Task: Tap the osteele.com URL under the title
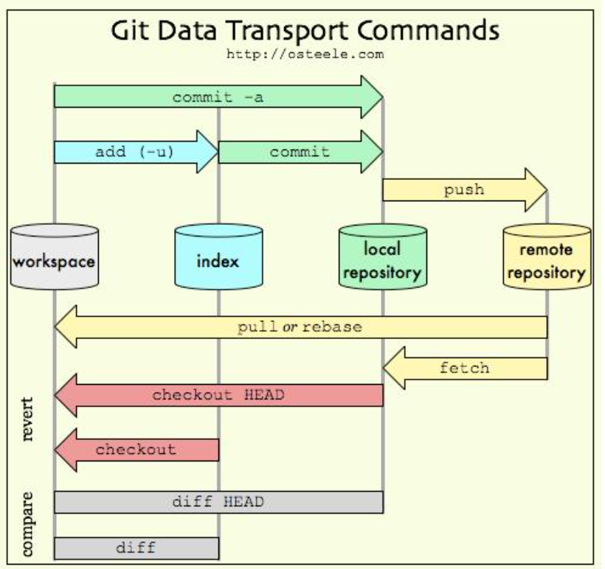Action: point(304,54)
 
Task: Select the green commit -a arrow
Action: point(218,97)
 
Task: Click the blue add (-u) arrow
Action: point(136,152)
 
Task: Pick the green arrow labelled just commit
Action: point(300,152)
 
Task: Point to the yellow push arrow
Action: point(463,190)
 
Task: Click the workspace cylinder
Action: point(55,258)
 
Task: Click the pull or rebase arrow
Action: point(301,327)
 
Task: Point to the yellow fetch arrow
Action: point(465,366)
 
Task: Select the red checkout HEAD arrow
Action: point(218,394)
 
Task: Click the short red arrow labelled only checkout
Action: point(136,449)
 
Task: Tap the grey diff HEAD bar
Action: point(218,502)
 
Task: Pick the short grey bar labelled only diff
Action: point(136,548)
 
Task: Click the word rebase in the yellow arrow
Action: point(334,327)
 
